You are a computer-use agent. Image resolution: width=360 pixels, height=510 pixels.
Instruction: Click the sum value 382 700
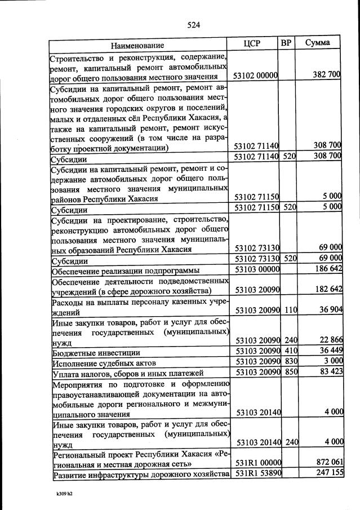[x=327, y=75]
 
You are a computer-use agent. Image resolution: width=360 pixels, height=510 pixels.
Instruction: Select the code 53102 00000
[x=256, y=76]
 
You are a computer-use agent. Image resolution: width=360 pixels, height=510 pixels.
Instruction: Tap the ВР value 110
[x=290, y=311]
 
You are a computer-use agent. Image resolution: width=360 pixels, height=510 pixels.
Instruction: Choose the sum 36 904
[x=328, y=311]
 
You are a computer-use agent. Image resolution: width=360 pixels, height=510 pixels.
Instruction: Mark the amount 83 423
[x=328, y=372]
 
